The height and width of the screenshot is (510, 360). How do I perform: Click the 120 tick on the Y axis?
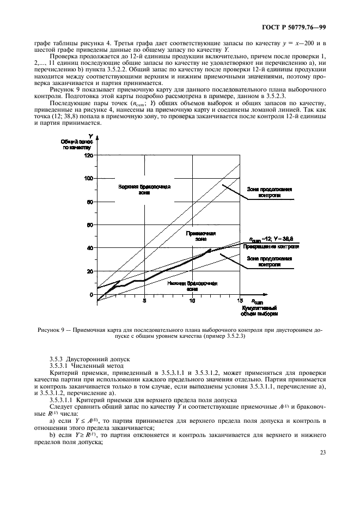89,155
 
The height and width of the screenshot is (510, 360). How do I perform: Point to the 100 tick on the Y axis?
89,178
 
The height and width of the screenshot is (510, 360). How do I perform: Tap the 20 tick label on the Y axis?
90,271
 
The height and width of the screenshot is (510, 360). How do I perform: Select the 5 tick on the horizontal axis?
144,300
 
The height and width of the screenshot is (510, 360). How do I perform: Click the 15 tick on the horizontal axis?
240,300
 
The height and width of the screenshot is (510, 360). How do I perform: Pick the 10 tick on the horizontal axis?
192,300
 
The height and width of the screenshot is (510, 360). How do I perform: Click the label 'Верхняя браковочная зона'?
144,190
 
